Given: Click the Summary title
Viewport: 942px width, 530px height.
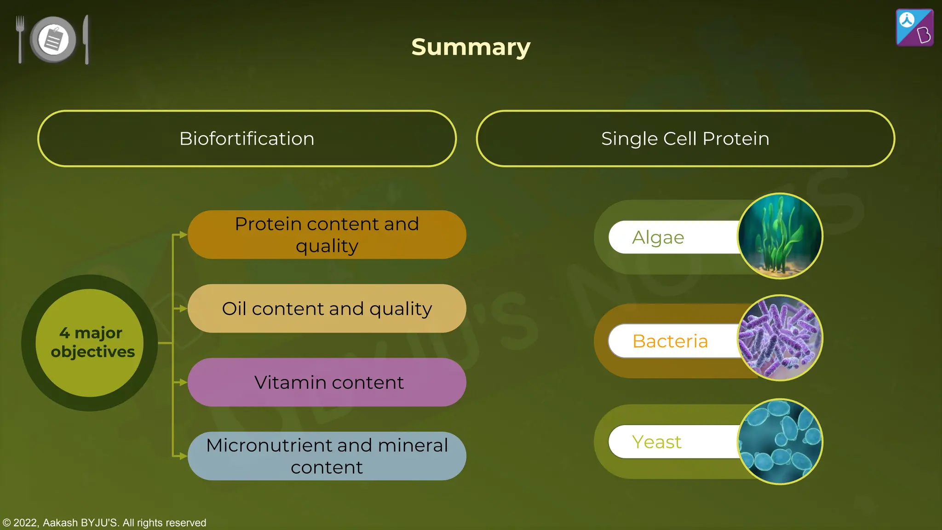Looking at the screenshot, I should (x=471, y=47).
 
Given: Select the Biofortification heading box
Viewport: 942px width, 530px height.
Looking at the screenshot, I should (x=247, y=138).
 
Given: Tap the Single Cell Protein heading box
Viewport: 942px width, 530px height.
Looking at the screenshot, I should (x=685, y=138).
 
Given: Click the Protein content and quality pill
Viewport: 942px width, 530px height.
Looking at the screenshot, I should (x=327, y=235).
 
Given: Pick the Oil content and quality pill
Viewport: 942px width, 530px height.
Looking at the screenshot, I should (x=327, y=308).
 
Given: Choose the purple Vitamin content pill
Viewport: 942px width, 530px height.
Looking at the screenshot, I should (x=327, y=382).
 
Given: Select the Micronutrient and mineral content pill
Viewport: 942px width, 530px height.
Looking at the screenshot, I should (x=327, y=456).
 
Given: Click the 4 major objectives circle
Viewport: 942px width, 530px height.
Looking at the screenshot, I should (x=90, y=343).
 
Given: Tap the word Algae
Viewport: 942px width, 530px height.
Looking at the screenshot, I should (x=658, y=237).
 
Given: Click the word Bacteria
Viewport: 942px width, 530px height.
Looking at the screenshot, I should (x=670, y=341).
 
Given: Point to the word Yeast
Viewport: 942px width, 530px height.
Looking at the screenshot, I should (x=656, y=442).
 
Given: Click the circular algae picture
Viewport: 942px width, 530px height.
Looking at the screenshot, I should (x=780, y=236).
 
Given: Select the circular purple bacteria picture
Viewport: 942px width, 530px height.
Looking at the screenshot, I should (x=780, y=338).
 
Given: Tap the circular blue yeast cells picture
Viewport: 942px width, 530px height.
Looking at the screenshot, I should (x=780, y=442).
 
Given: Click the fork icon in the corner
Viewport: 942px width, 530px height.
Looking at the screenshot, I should (x=20, y=39).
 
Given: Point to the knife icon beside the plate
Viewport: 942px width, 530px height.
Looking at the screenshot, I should (x=86, y=40).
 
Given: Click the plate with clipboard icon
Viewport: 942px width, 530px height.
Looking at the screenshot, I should (x=53, y=40).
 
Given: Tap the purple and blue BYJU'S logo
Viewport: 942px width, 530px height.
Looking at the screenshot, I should (x=914, y=28).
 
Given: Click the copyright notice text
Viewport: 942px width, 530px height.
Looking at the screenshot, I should (x=104, y=523).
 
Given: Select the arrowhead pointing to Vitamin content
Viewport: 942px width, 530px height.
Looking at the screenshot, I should (x=183, y=382).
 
